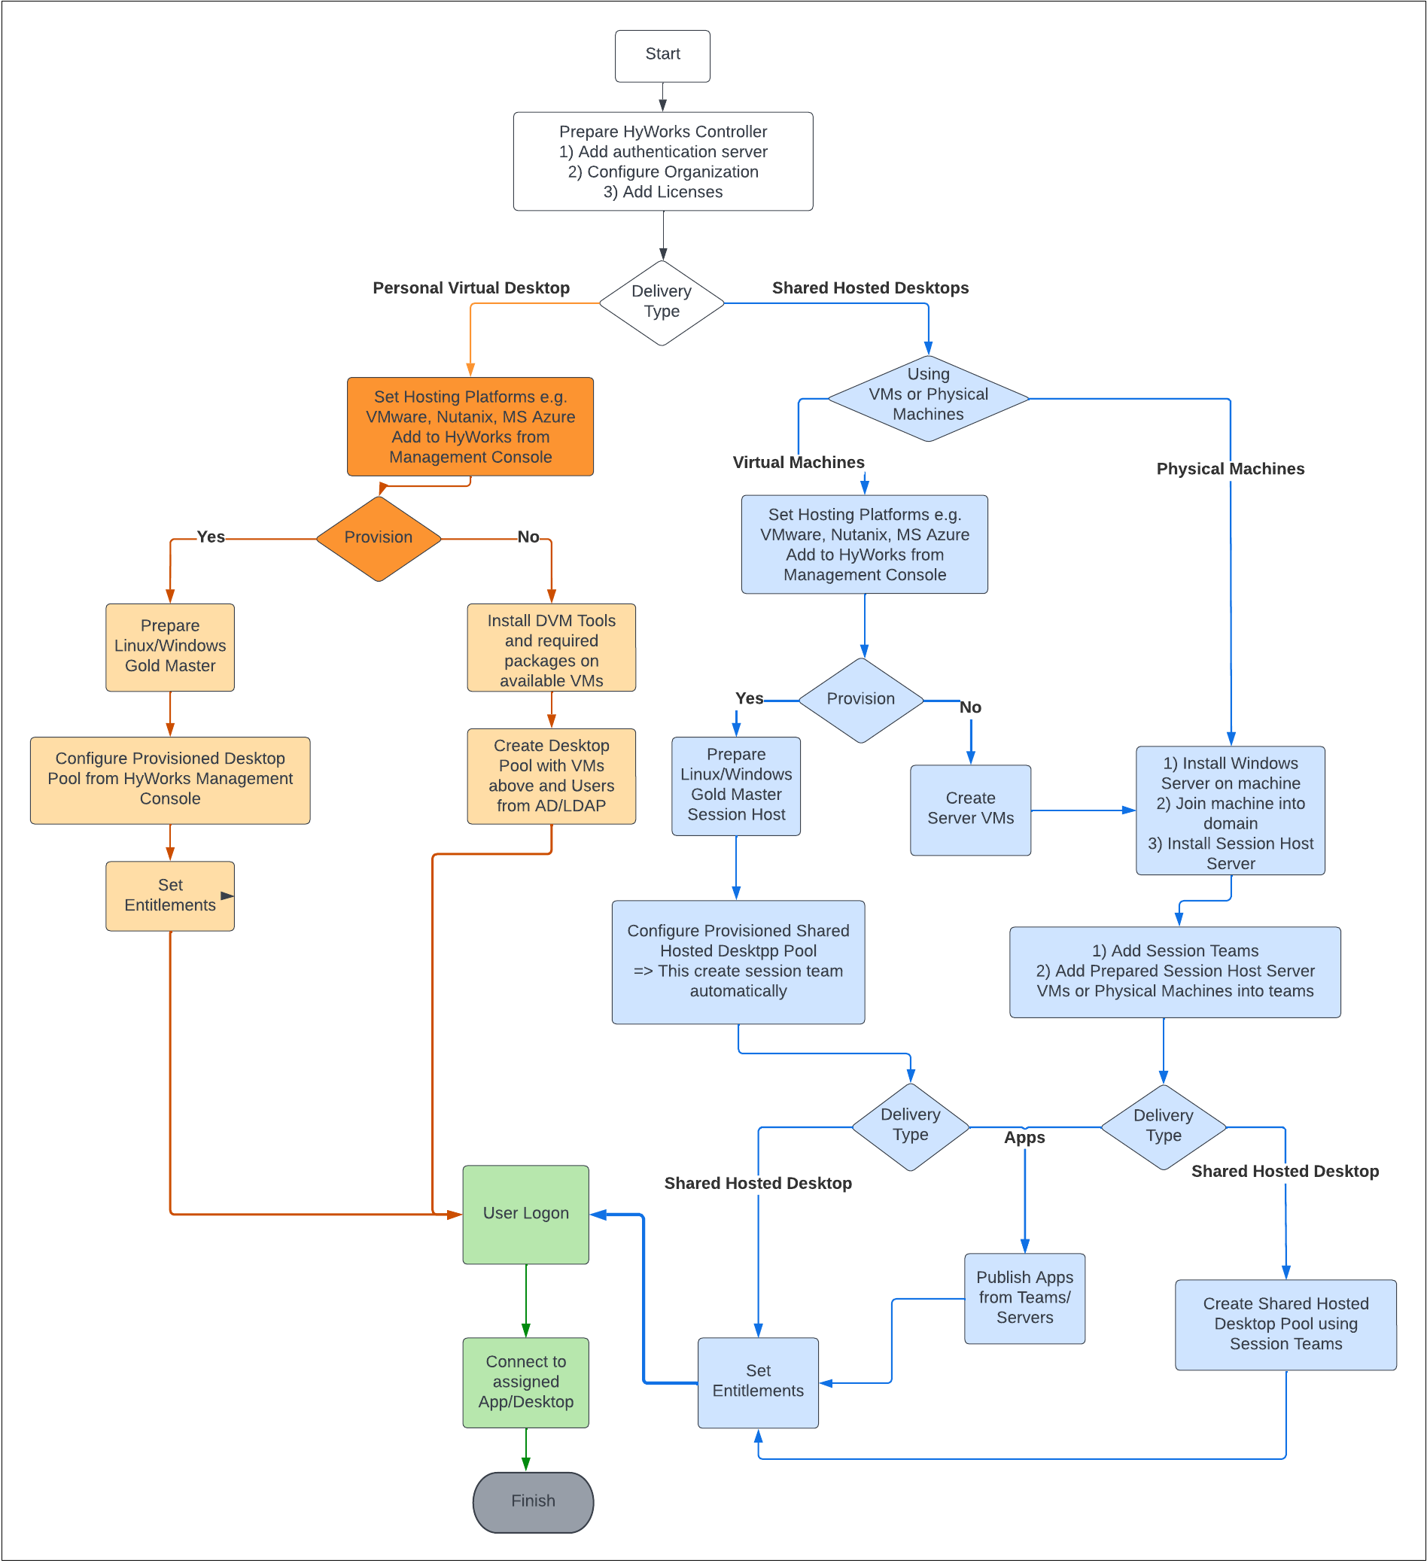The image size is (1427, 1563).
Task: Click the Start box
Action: click(662, 56)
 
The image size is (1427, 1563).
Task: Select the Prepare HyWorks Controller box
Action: click(662, 161)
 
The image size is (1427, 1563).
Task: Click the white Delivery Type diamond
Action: click(662, 303)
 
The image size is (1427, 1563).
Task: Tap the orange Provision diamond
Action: click(379, 538)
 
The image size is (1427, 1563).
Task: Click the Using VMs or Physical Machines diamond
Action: click(927, 398)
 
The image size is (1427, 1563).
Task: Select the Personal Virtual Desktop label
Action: click(470, 287)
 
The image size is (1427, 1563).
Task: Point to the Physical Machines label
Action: click(1230, 468)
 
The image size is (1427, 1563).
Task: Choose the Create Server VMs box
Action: click(970, 810)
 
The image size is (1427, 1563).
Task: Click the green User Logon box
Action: click(526, 1214)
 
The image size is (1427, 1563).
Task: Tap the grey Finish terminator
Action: click(533, 1502)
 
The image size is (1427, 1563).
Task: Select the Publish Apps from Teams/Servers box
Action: click(1024, 1298)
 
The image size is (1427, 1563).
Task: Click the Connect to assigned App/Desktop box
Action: click(526, 1382)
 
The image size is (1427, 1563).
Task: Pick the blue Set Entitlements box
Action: click(758, 1382)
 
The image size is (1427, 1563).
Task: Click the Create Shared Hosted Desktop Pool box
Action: click(1285, 1324)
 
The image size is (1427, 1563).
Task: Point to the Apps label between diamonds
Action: click(1024, 1137)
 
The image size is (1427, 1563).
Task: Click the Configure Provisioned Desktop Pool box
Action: click(170, 779)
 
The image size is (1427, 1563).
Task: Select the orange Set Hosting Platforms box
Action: click(470, 427)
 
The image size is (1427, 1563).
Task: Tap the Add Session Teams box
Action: click(1174, 972)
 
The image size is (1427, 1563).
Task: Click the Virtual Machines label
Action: click(798, 462)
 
